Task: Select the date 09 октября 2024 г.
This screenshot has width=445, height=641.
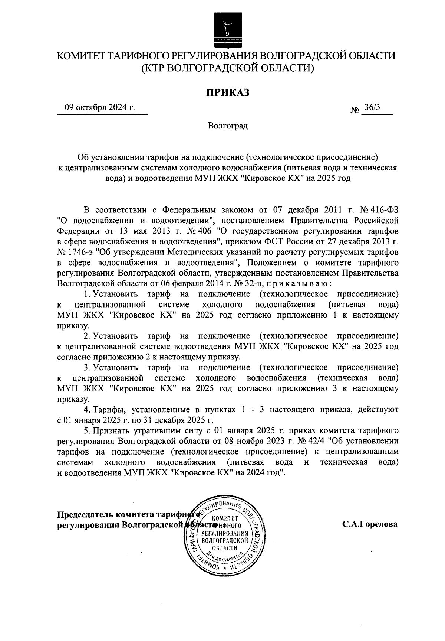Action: click(x=100, y=108)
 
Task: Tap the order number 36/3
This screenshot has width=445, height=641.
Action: click(x=372, y=108)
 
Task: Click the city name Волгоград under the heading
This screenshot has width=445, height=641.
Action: click(x=227, y=126)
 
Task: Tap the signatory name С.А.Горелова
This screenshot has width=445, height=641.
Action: click(x=370, y=524)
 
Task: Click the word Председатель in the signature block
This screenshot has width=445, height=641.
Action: click(x=85, y=514)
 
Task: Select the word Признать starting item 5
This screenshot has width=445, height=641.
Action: click(x=110, y=431)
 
